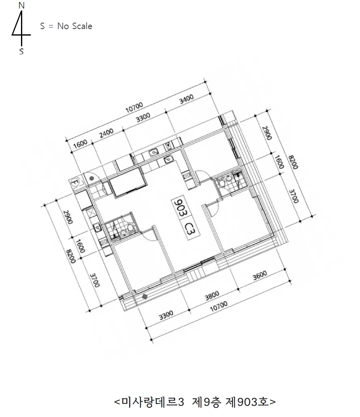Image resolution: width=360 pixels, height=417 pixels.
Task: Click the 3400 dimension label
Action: [186, 99]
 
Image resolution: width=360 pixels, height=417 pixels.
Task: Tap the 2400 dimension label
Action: [107, 133]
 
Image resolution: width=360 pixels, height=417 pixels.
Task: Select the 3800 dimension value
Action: [212, 295]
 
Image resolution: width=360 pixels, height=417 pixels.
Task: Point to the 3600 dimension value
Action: [260, 276]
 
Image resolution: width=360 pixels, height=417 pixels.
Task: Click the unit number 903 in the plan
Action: [181, 207]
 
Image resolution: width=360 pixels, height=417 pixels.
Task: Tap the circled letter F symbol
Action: [75, 183]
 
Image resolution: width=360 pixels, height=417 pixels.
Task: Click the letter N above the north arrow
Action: [21, 6]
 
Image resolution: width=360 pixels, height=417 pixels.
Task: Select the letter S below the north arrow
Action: [21, 51]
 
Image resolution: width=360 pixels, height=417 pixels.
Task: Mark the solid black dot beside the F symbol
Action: [91, 178]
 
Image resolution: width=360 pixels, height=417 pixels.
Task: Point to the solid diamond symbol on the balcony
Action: [145, 296]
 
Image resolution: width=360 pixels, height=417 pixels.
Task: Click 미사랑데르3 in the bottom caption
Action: [153, 402]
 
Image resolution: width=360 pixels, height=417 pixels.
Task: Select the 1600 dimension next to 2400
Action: [80, 143]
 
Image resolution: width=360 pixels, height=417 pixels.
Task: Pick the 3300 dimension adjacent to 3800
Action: [166, 316]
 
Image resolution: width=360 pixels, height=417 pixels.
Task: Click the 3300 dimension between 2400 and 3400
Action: [143, 118]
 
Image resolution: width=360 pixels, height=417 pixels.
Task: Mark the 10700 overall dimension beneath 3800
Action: [219, 306]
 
